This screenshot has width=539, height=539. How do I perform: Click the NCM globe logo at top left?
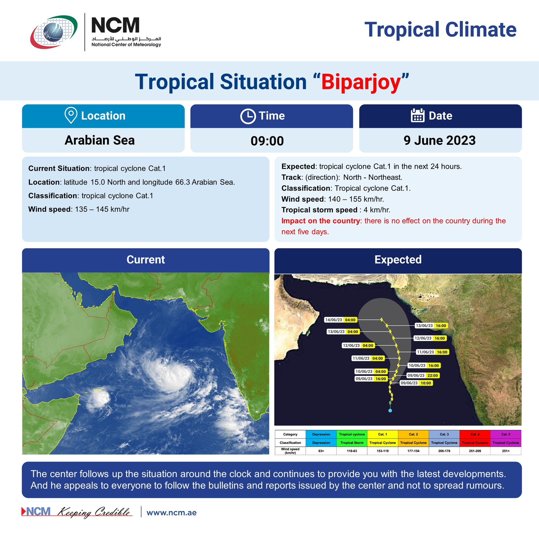point(54,32)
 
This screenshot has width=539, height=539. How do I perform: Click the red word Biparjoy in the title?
point(361,82)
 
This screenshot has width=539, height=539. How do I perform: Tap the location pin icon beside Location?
point(71,116)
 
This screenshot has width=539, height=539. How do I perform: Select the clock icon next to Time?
point(248,116)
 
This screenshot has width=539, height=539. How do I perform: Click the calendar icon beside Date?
point(417,115)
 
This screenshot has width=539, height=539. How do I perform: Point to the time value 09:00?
point(267,141)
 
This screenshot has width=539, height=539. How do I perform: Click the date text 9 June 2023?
point(440,140)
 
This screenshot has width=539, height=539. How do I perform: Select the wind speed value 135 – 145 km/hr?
point(102,209)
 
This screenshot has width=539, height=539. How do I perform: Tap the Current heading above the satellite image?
point(146,260)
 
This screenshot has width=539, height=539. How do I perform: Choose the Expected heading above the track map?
point(398,260)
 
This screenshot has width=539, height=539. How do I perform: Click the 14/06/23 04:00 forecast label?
point(340,320)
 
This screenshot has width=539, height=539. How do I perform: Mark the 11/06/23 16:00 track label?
point(432,352)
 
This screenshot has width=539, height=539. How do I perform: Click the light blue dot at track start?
point(390,411)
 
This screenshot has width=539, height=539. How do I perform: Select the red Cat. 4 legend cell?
point(475,434)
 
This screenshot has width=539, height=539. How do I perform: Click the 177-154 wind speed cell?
point(413,451)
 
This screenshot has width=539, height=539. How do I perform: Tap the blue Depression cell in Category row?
point(321,434)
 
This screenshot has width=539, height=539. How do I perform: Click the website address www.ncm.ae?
point(171,513)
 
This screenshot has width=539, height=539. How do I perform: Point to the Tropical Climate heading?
point(440,30)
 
